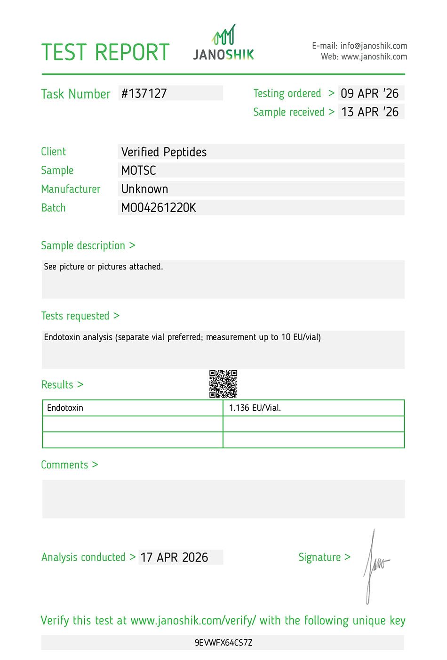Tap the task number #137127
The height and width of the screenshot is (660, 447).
[144, 93]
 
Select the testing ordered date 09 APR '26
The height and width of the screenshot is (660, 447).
[369, 93]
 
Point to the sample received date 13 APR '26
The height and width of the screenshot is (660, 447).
[369, 112]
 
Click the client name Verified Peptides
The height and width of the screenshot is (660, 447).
[164, 152]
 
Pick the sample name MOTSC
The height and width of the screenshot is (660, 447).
[138, 171]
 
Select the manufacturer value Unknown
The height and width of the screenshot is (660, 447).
[144, 189]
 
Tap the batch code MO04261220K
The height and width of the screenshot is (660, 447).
[159, 208]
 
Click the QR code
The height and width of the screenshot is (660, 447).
[223, 384]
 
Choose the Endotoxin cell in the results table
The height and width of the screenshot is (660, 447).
[65, 408]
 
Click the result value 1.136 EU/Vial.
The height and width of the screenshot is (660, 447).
[255, 408]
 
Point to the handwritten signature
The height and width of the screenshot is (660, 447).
[375, 565]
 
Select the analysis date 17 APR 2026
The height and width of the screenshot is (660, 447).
[174, 557]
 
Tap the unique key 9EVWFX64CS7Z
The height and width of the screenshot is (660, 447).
[223, 643]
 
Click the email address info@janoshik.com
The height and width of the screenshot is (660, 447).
[374, 46]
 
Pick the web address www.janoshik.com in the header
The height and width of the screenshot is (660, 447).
[374, 57]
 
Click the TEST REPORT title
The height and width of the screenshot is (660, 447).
[105, 52]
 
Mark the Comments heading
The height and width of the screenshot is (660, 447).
[65, 465]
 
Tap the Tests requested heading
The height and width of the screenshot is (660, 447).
[75, 316]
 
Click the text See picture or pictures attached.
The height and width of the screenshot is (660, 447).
[103, 267]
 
